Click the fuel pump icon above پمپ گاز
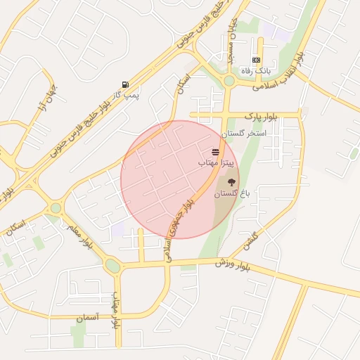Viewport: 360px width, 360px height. point(125,83)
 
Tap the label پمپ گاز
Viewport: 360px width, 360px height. point(127,94)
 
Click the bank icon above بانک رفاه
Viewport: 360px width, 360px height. point(256,60)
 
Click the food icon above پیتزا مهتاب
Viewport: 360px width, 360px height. point(215,151)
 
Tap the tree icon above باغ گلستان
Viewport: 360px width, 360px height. point(232,181)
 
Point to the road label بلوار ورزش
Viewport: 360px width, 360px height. point(234,264)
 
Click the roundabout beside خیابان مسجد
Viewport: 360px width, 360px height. point(229,80)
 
